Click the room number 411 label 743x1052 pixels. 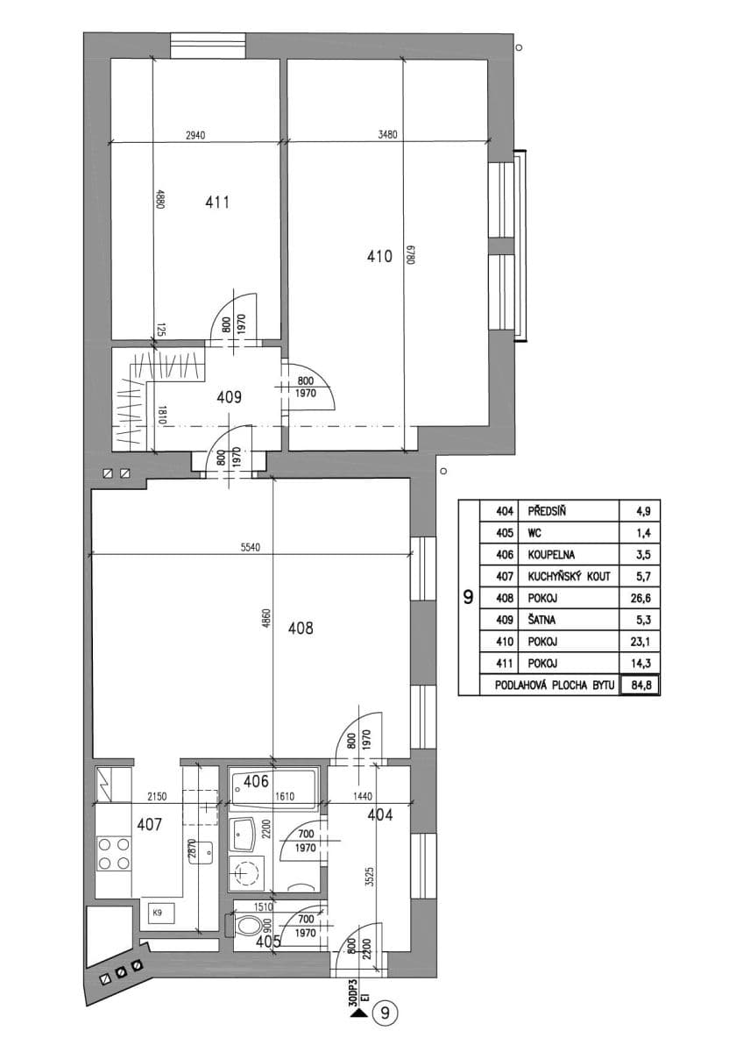[x=217, y=203]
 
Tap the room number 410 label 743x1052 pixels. [x=379, y=257]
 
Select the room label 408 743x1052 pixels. [x=300, y=628]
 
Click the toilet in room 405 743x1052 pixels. [x=249, y=926]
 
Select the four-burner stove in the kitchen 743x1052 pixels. [x=113, y=854]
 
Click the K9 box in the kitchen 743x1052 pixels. [x=159, y=913]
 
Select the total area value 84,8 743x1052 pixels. [x=639, y=686]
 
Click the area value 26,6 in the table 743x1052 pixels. [x=639, y=599]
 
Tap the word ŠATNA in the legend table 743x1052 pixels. [x=542, y=621]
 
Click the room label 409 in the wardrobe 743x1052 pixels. [x=229, y=396]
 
